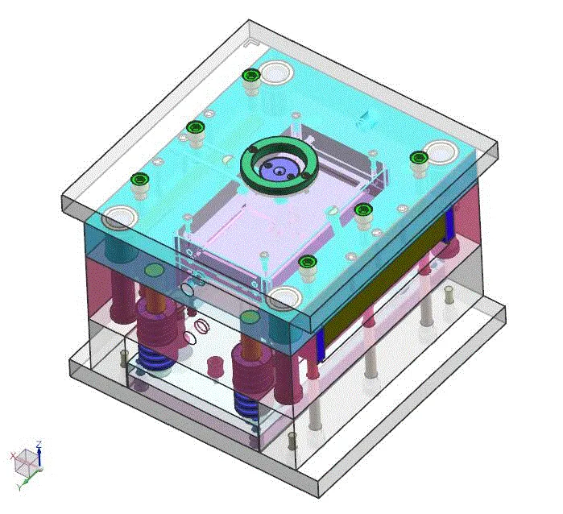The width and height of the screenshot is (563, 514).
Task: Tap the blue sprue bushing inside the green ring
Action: pos(278,171)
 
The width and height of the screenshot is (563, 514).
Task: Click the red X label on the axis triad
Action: pos(13,456)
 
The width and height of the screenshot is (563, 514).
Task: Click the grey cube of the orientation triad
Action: pos(27,462)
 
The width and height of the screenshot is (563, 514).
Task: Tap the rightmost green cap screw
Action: pos(418,157)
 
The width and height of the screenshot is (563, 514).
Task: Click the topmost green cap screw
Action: pos(250,76)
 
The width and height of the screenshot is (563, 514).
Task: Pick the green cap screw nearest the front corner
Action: pos(306,262)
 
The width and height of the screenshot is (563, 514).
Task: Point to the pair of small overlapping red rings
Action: pos(198,329)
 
